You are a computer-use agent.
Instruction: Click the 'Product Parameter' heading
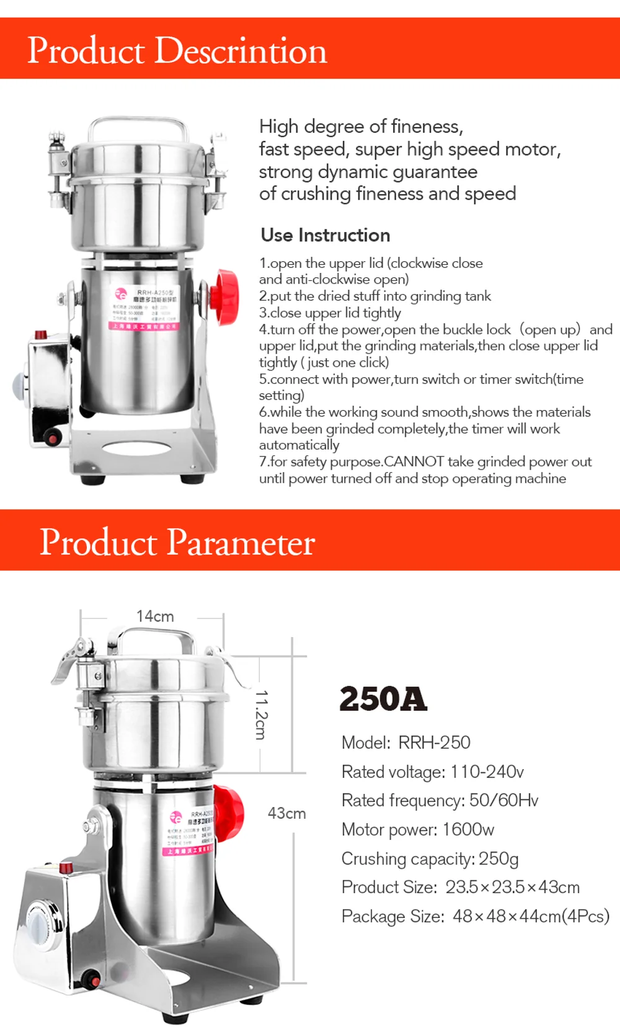(x=177, y=542)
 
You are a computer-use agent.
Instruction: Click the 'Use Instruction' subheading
(x=325, y=235)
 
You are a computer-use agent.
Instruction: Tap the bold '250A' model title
(x=383, y=699)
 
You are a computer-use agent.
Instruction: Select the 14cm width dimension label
(x=155, y=617)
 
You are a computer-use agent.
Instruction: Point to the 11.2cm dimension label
(x=261, y=715)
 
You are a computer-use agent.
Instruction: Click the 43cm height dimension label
(x=286, y=813)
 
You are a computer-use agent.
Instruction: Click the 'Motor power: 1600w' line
(x=417, y=829)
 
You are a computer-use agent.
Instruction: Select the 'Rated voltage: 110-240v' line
(x=432, y=772)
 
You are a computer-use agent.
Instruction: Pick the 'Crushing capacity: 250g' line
(x=429, y=858)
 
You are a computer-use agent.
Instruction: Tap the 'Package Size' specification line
(x=475, y=916)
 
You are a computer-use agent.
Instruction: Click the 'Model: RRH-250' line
(x=405, y=742)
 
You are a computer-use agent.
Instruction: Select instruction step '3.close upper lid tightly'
(x=330, y=313)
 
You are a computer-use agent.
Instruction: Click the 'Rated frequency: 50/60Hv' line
(x=440, y=800)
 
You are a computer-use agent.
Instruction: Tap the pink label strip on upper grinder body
(x=144, y=326)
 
